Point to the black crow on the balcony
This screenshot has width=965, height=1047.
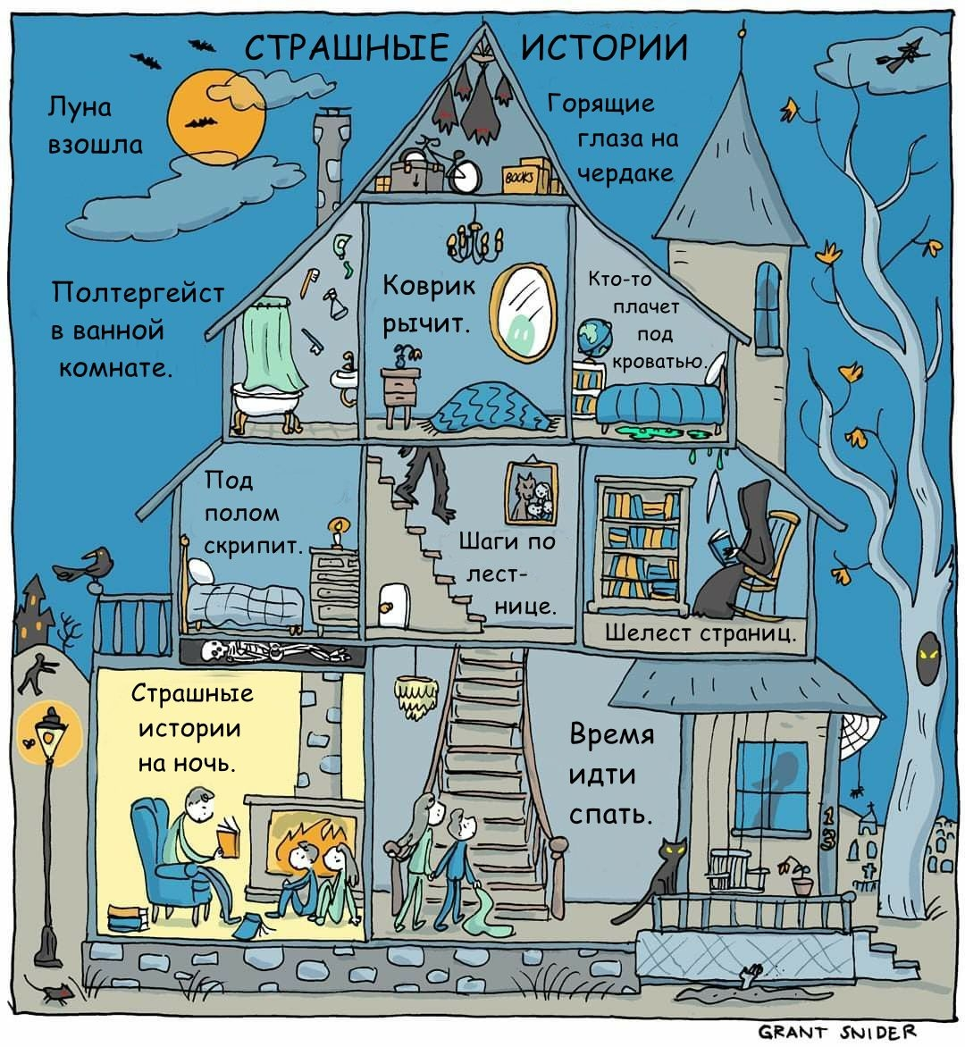click(x=89, y=566)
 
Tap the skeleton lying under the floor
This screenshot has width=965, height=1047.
click(x=259, y=651)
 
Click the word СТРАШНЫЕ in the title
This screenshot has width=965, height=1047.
click(x=347, y=47)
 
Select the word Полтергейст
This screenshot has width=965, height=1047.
click(x=138, y=292)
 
